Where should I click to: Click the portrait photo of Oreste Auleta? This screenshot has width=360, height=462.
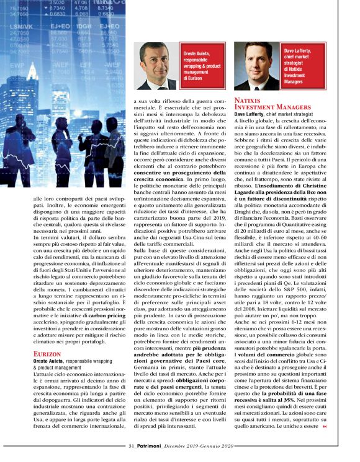pyautogui.click(x=156, y=66)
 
